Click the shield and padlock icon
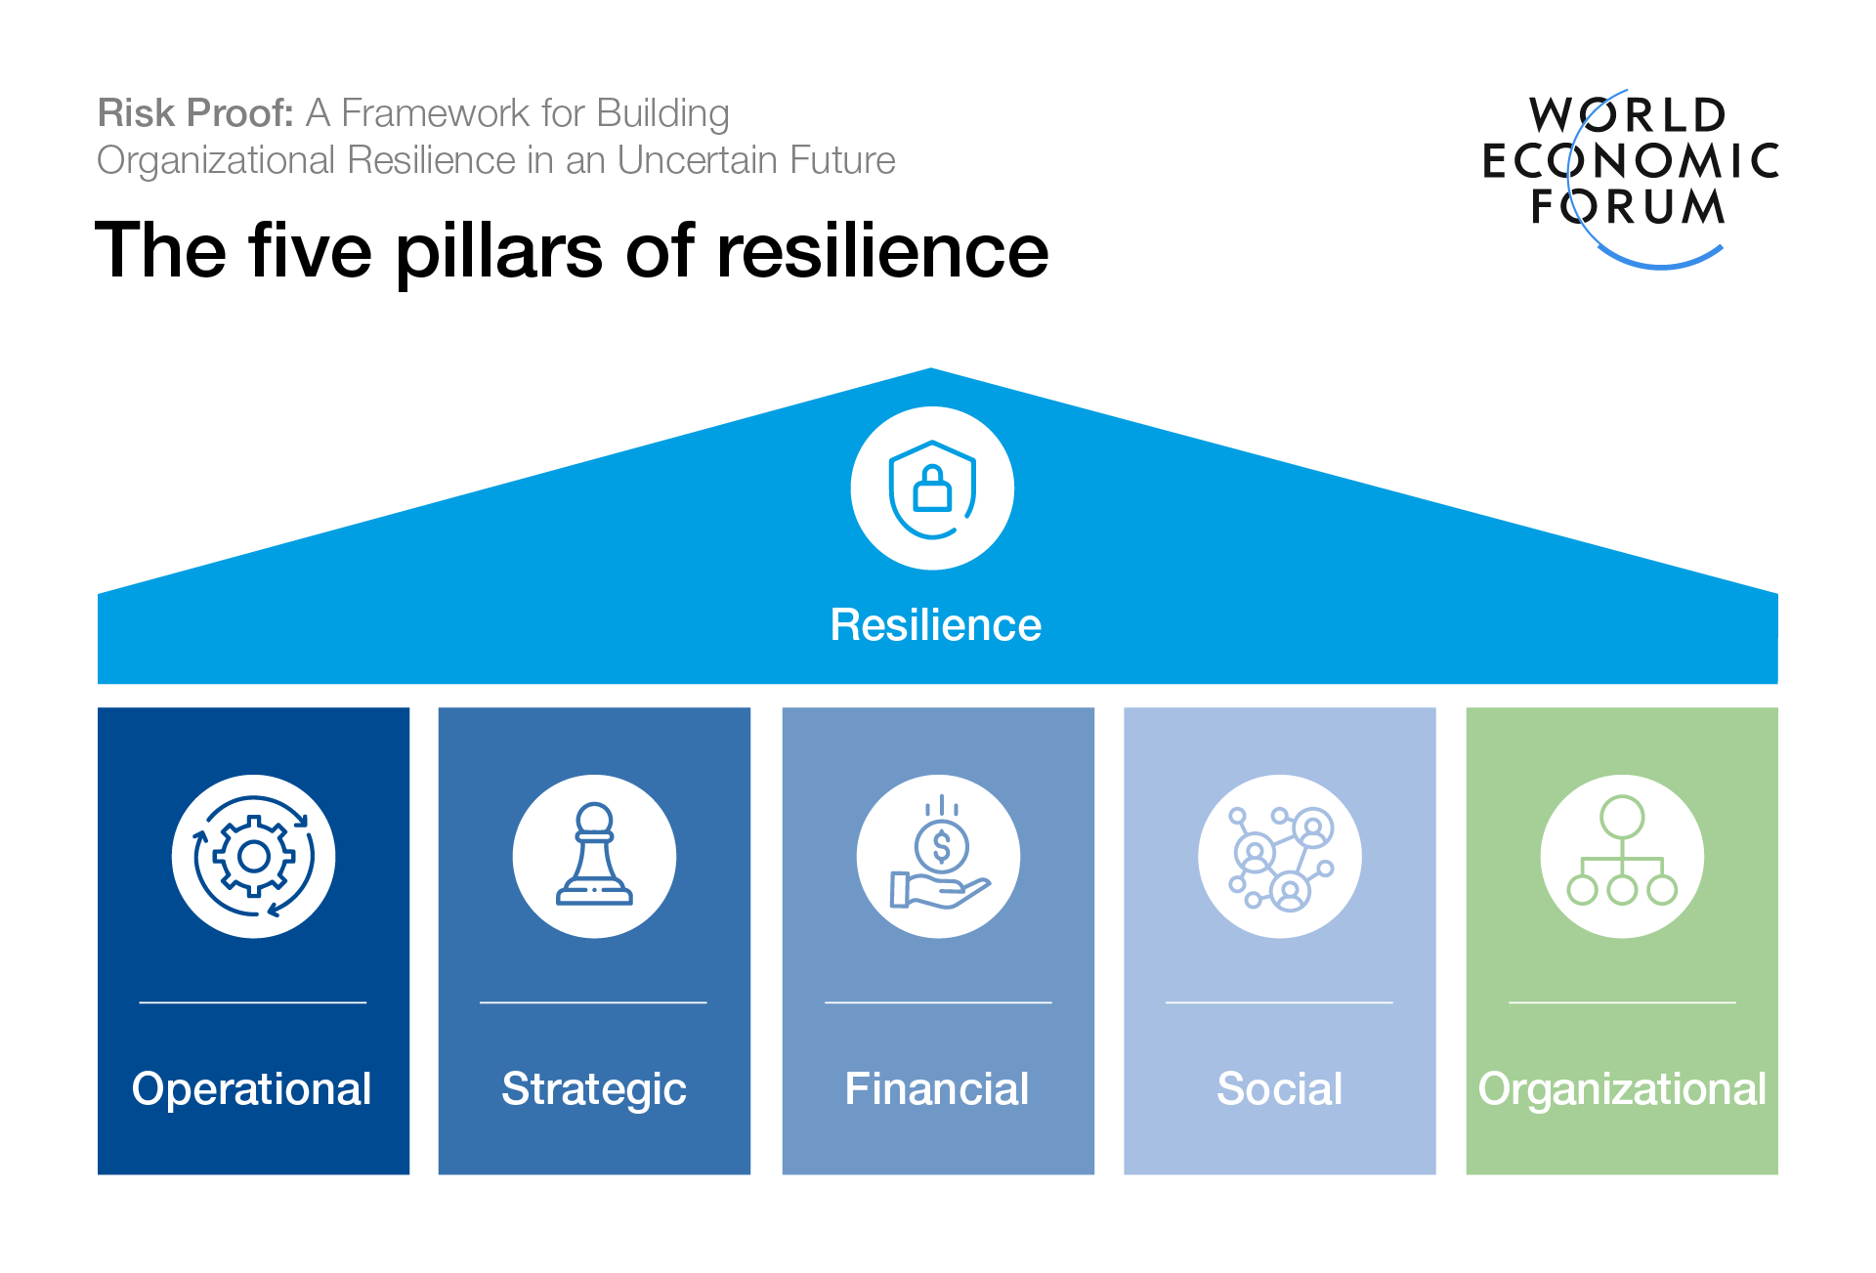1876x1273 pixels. click(932, 488)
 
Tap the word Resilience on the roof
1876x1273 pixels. click(935, 625)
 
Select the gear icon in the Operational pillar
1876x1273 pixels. click(253, 857)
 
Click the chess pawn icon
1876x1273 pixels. click(594, 856)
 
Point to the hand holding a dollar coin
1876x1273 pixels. click(939, 856)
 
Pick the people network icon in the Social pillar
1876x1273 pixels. click(1280, 857)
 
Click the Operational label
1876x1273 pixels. click(251, 1088)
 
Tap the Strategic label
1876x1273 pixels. click(594, 1088)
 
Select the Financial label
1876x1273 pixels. click(937, 1088)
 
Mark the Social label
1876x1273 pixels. click(1280, 1088)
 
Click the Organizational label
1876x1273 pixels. click(1622, 1088)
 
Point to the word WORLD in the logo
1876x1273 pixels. click(1628, 115)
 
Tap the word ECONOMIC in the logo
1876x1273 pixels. click(1631, 161)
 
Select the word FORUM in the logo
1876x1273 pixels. click(1628, 207)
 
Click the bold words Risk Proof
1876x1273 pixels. click(195, 113)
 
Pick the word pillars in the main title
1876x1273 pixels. click(499, 251)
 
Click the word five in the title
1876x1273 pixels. click(311, 251)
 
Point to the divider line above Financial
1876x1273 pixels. click(938, 1002)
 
